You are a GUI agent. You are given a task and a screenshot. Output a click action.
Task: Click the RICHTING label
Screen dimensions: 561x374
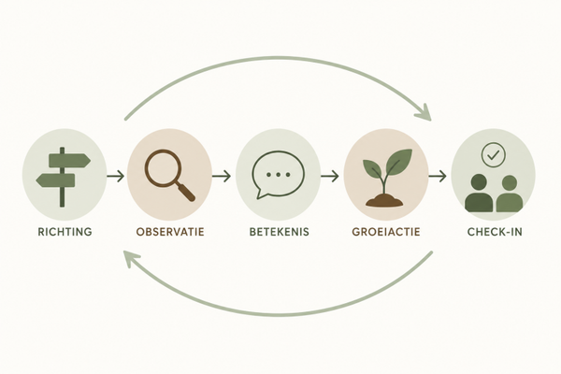[x=65, y=232]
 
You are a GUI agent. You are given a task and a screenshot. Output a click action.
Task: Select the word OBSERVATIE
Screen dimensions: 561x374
[x=170, y=232]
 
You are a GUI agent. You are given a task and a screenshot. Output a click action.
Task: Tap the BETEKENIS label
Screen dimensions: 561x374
[x=279, y=232]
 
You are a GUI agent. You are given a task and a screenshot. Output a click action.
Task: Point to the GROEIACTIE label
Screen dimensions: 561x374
[x=385, y=232]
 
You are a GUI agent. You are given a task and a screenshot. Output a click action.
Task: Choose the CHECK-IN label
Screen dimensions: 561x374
[x=495, y=232]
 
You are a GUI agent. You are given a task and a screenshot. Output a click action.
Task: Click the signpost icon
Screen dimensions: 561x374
[x=63, y=177]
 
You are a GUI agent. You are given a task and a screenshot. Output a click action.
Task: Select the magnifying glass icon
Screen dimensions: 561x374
[x=169, y=175]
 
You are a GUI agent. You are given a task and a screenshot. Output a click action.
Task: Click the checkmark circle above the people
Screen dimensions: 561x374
[x=494, y=155]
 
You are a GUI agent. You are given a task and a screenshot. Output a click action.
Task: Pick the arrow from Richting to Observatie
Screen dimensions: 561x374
[x=115, y=176]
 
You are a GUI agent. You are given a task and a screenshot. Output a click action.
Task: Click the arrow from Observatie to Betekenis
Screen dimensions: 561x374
[x=221, y=176]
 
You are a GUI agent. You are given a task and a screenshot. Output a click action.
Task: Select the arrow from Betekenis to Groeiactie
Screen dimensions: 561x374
[x=329, y=176]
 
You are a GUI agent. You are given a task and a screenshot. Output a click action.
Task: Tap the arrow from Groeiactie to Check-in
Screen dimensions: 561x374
[x=438, y=176]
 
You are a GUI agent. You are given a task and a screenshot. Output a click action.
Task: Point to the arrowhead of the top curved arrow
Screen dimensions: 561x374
[x=425, y=114]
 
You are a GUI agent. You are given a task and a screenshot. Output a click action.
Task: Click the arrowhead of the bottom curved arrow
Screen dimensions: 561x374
[x=131, y=258]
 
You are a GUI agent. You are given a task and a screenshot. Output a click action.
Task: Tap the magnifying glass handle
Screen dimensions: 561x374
[x=187, y=193]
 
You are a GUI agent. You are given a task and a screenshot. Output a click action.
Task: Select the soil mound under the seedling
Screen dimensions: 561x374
[x=384, y=201]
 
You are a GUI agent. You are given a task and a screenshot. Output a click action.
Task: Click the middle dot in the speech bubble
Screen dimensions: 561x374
[x=279, y=175]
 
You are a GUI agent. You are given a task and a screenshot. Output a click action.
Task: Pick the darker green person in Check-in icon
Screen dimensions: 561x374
[x=479, y=194]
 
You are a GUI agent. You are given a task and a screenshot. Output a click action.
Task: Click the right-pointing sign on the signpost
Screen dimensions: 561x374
[x=69, y=160]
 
